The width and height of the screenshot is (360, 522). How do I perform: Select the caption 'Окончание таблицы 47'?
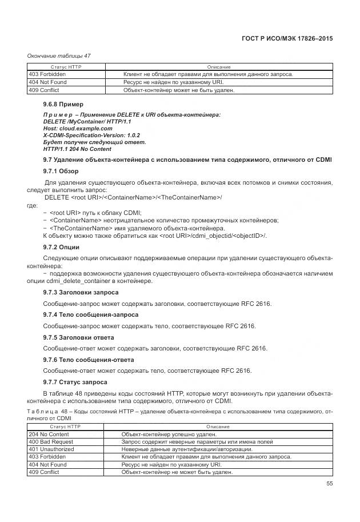[x=59, y=55]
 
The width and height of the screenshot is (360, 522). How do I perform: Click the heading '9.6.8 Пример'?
[x=63, y=105]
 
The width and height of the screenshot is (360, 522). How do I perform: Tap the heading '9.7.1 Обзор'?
[x=61, y=172]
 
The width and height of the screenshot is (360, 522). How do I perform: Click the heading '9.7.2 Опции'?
[x=62, y=247]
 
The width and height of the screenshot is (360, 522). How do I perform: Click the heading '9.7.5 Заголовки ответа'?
[x=78, y=337]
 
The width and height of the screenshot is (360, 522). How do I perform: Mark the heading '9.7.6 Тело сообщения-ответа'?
[x=89, y=360]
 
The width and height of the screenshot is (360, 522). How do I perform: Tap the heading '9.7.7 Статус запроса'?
[x=75, y=382]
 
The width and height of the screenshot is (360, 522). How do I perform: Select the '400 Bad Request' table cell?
[x=51, y=443]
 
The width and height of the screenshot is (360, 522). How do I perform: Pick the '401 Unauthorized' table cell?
[x=51, y=450]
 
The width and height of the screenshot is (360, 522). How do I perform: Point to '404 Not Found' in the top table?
[x=47, y=82]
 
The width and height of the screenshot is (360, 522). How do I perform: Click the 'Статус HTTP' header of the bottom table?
[x=66, y=427]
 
